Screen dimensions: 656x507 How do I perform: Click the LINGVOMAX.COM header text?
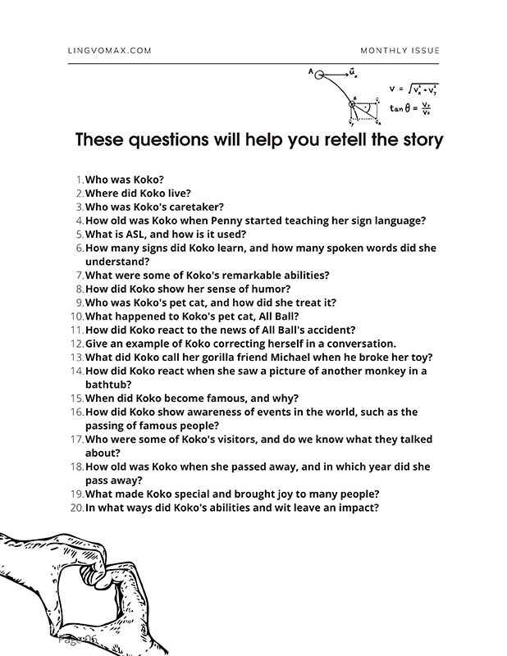pos(109,51)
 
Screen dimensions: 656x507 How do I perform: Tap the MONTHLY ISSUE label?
pos(400,51)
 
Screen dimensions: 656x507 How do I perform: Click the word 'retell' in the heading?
pos(321,139)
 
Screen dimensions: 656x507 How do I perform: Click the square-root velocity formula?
pos(414,88)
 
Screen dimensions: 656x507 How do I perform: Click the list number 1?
pos(79,179)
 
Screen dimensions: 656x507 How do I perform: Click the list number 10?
pos(76,316)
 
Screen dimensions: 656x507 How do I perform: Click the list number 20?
pos(76,508)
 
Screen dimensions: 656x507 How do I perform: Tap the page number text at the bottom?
pos(79,637)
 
